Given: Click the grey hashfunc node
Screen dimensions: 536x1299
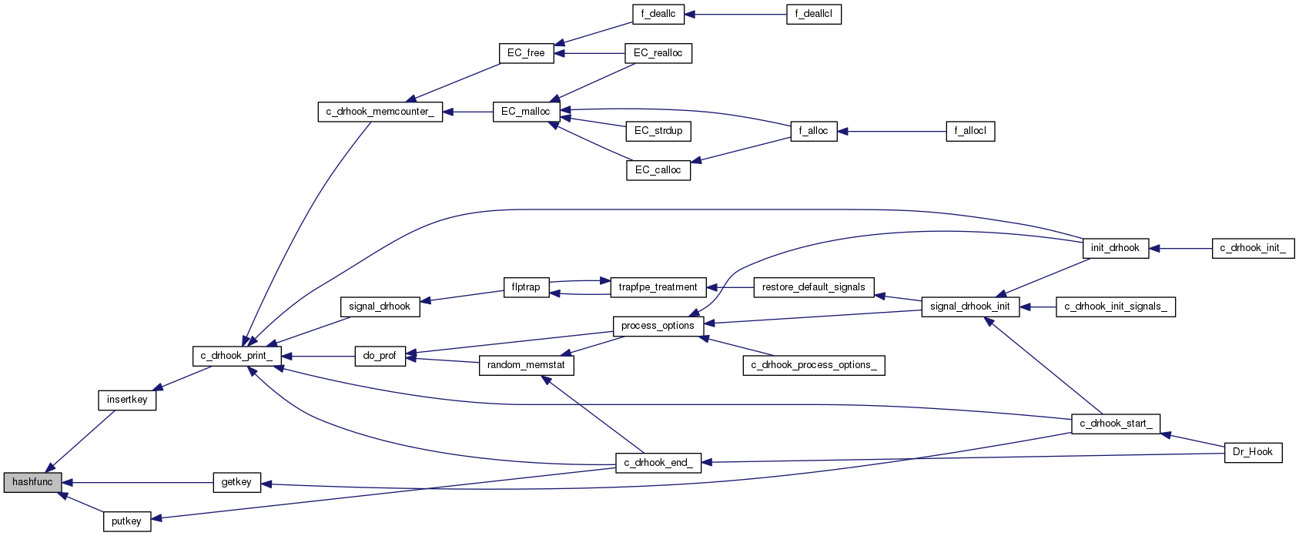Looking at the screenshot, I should (x=32, y=482).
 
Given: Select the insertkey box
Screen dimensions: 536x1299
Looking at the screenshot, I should (x=127, y=400).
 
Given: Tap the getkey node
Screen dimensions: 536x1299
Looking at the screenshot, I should (x=236, y=482).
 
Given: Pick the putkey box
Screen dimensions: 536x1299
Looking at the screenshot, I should (x=127, y=521).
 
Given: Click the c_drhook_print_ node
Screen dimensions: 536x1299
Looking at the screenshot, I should (x=236, y=356).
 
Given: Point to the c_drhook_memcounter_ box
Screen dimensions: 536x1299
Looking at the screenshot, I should (x=380, y=112).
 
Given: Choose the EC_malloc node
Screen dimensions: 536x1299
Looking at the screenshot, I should (x=526, y=112).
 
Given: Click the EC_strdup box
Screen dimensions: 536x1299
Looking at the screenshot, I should (x=658, y=131).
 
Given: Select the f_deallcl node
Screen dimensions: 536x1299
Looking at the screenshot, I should (x=813, y=14).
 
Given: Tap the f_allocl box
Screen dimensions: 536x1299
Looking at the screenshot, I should (x=970, y=131).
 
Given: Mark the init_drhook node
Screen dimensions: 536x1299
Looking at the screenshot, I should (x=1115, y=248).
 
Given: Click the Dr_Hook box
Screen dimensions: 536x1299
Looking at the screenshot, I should (x=1253, y=452).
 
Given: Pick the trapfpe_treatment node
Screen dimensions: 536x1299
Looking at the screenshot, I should (x=658, y=287).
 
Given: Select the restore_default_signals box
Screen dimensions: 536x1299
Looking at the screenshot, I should (x=813, y=287).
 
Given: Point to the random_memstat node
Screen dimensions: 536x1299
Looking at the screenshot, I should (x=526, y=365).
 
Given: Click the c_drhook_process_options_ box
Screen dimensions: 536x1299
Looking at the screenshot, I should (x=813, y=365).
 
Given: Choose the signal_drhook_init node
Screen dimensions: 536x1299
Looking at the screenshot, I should (x=969, y=307).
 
